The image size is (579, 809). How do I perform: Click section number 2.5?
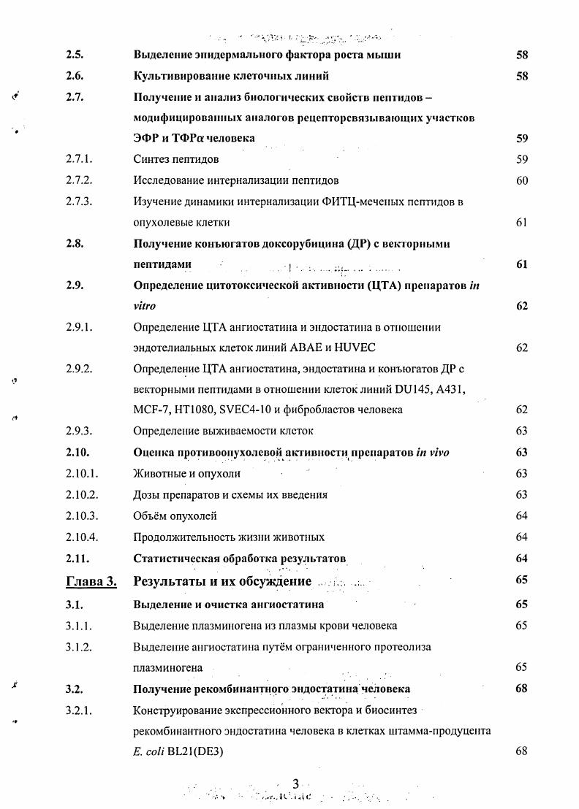pyautogui.click(x=75, y=55)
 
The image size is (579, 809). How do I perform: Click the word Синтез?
pyautogui.click(x=151, y=159)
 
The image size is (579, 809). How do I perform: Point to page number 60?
pyautogui.click(x=521, y=180)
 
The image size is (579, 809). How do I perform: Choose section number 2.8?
pyautogui.click(x=75, y=244)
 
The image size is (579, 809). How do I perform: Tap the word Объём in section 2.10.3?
pyautogui.click(x=151, y=516)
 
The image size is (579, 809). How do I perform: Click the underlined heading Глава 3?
pyautogui.click(x=91, y=581)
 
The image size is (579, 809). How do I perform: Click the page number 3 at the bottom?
pyautogui.click(x=295, y=783)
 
